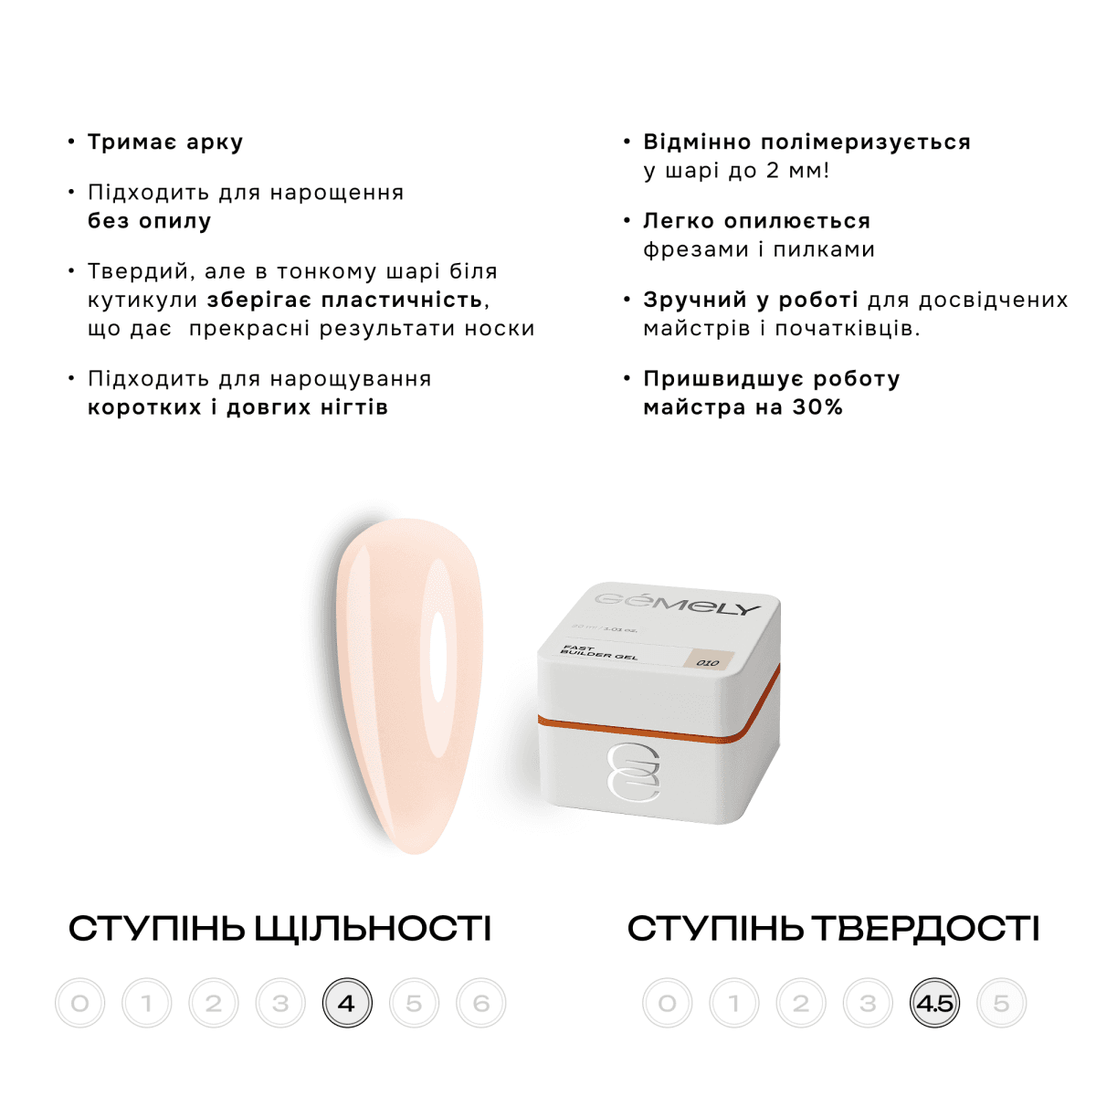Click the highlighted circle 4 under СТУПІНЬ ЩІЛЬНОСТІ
coord(347,1003)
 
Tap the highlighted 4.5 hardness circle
coord(934,1003)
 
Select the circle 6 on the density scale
coord(481,1003)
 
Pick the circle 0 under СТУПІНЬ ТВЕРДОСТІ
coord(668,1003)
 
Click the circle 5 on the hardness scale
coord(1001,1003)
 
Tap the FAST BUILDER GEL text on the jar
coord(598,652)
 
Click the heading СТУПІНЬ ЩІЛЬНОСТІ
coord(279,929)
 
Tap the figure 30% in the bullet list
coord(817,407)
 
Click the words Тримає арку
coord(165,142)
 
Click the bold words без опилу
coord(150,221)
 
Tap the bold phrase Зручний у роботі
coord(750,300)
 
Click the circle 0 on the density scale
coord(79,1003)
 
